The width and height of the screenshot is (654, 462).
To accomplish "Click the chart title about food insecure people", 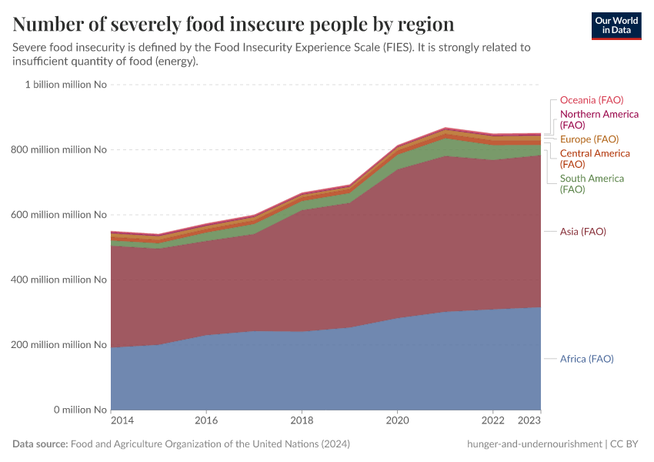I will click(233, 24).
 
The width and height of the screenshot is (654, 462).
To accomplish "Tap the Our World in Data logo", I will click(616, 25).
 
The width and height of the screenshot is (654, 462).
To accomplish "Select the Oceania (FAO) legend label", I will click(591, 100).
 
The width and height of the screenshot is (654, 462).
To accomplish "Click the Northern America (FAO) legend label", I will click(599, 119).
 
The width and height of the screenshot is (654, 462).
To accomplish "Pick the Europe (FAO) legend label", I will click(589, 139).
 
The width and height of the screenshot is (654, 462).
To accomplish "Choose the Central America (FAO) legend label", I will click(594, 159).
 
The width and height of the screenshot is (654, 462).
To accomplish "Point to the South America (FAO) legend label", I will click(592, 183).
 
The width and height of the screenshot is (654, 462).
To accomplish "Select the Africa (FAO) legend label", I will click(586, 359).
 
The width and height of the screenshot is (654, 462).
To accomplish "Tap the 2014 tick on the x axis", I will click(122, 420).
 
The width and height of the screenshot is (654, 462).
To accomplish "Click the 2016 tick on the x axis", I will click(206, 420).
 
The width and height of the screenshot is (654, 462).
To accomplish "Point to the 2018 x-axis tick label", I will click(302, 420).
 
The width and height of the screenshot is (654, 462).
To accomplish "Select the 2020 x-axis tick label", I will click(397, 420).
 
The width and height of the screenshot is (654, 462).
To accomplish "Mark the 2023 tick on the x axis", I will click(529, 420).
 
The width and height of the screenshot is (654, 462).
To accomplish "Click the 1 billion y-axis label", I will click(65, 85).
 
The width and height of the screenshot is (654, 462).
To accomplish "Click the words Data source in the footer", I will click(40, 444).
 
